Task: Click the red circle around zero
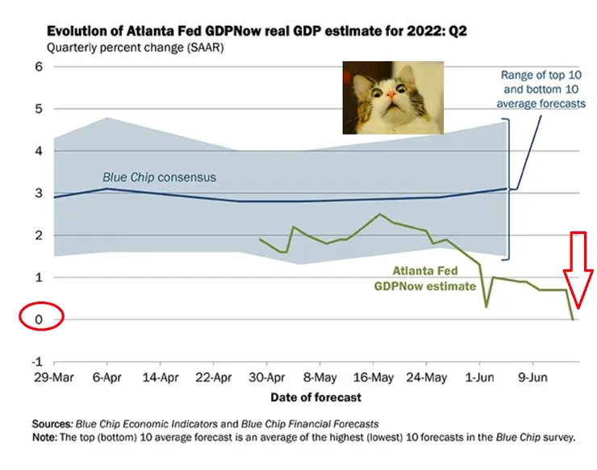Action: (x=40, y=316)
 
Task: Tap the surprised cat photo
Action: (x=391, y=98)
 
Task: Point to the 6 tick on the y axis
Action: (x=37, y=66)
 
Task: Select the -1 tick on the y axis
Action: (x=35, y=361)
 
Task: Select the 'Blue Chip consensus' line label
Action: (x=159, y=177)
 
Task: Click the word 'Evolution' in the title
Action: (x=77, y=31)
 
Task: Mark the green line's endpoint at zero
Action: (x=574, y=320)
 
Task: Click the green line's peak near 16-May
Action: (x=379, y=214)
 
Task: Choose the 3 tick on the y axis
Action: (x=37, y=193)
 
